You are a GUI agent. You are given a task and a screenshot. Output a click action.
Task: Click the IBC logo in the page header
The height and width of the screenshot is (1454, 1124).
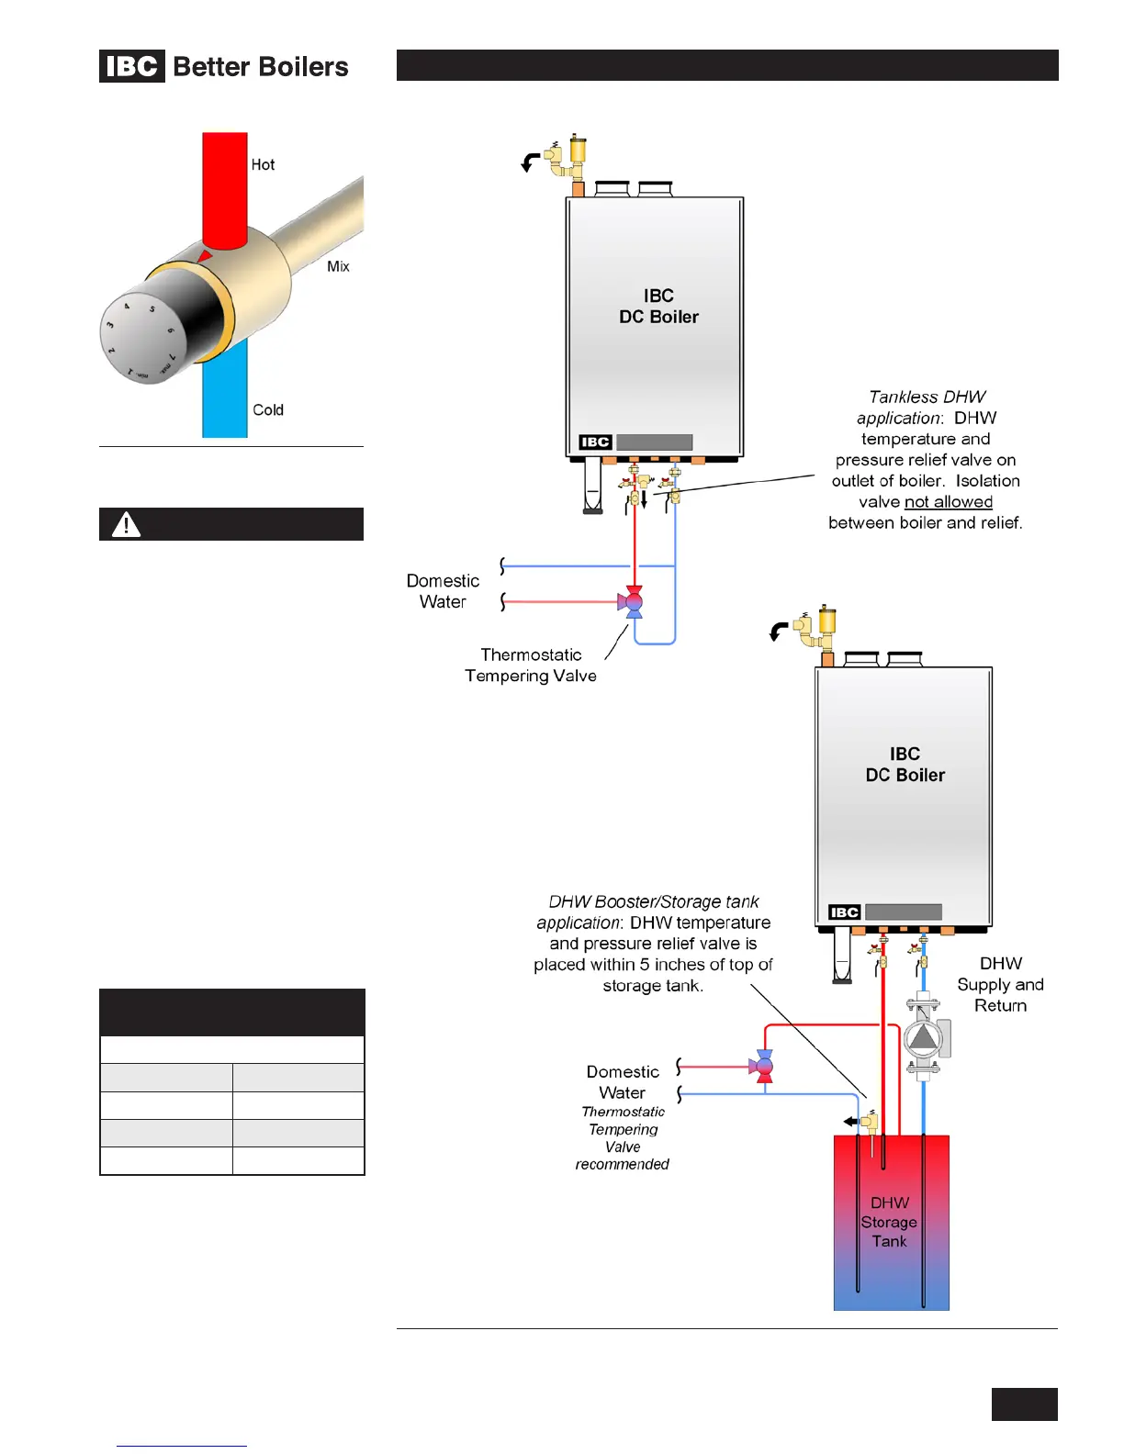tap(132, 66)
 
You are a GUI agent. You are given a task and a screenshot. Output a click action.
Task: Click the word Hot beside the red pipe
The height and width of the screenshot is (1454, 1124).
tap(263, 165)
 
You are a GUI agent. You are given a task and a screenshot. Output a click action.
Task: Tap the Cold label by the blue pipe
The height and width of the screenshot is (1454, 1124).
tap(268, 410)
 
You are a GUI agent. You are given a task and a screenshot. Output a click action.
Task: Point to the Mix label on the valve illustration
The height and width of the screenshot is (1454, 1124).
tap(338, 266)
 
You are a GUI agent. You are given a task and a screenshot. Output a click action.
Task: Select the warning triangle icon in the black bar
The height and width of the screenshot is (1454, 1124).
tap(126, 524)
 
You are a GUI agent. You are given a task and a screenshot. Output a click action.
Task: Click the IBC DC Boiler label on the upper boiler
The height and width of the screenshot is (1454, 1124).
tap(658, 307)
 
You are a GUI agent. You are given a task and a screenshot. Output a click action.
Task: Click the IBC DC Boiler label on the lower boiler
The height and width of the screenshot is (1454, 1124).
tap(905, 765)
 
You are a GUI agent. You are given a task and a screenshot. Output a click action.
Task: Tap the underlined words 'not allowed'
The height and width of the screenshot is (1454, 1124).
tap(949, 502)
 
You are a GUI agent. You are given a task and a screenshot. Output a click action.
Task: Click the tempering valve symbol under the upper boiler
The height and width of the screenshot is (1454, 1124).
tap(633, 602)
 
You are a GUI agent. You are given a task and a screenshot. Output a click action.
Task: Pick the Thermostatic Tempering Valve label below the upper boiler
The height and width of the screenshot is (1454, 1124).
tap(531, 665)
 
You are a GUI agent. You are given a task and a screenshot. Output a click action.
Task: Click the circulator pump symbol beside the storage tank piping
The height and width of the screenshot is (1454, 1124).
tap(923, 1038)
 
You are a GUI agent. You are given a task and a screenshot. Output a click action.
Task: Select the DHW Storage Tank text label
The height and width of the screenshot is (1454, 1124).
tap(889, 1222)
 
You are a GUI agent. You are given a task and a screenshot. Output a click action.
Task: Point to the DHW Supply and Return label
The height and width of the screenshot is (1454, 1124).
tap(1000, 984)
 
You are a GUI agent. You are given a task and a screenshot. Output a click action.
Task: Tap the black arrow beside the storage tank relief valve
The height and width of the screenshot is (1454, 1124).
tap(851, 1121)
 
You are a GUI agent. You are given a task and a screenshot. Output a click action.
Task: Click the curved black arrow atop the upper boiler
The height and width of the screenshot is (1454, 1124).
tap(530, 163)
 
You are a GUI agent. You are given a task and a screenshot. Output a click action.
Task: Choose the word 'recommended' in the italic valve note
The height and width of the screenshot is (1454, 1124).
tap(622, 1165)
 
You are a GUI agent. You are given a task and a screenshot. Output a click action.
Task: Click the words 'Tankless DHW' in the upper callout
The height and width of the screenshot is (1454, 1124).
tap(927, 397)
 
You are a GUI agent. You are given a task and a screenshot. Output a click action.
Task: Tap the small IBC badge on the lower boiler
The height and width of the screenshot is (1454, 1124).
tap(844, 912)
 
